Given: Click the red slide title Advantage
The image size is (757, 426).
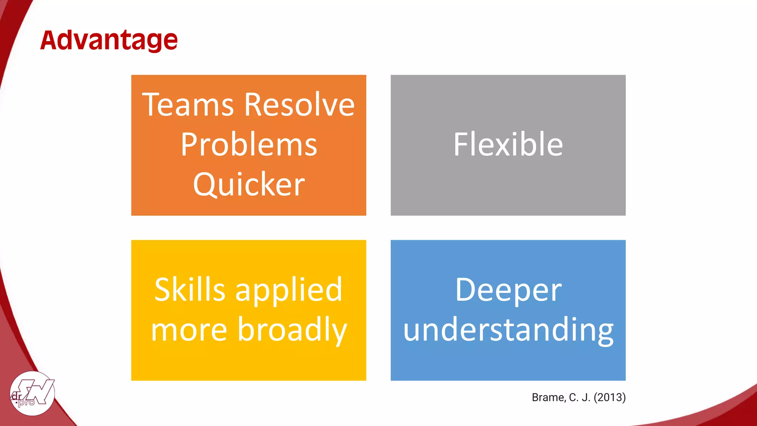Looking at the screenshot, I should tap(109, 41).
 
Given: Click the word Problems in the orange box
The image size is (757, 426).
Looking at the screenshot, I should tap(249, 145).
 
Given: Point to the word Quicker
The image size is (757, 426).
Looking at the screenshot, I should tap(249, 184).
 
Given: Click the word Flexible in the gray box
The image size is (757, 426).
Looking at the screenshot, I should tap(508, 145).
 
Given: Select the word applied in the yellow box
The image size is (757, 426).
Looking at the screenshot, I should tap(289, 291).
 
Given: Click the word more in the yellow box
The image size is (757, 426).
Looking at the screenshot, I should tap(189, 330).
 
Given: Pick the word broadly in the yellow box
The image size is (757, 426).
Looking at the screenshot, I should tap(292, 330).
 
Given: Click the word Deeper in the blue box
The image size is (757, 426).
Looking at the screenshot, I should tap(508, 291).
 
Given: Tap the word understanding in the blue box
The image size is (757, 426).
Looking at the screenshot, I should tap(508, 330).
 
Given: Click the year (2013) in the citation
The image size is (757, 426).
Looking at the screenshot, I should tap(610, 398).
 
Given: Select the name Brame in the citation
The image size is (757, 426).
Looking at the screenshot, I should tap(549, 398).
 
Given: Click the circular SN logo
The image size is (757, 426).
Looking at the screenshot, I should tap(32, 393).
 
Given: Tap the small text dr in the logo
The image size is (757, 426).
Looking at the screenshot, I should tap(17, 396).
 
